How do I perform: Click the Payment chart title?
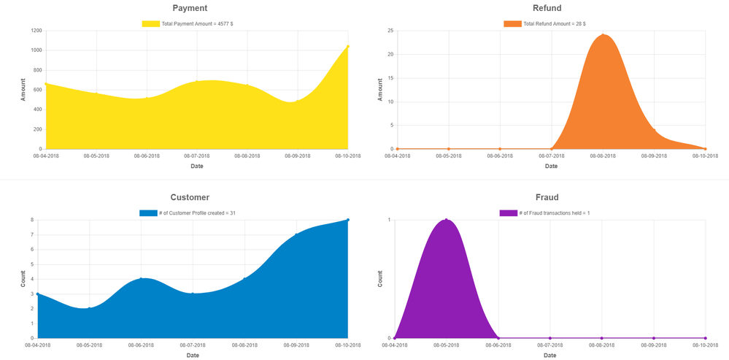[x=190, y=8]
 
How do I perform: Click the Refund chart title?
[x=547, y=8]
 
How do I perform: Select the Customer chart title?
[x=190, y=197]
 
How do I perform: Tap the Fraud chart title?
[x=547, y=197]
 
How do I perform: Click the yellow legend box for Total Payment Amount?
[x=150, y=24]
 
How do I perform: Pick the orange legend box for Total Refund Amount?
[x=512, y=24]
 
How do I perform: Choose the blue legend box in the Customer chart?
[x=148, y=213]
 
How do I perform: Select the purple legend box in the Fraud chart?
[x=508, y=213]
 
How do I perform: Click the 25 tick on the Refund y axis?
[x=390, y=31]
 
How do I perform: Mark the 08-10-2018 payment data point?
[x=348, y=47]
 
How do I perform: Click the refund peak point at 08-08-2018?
[x=603, y=34]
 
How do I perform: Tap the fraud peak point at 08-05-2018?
[x=446, y=220]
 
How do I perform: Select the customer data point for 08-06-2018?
[x=141, y=279]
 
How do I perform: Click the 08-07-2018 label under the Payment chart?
[x=197, y=156]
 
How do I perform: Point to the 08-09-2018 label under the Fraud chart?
[x=653, y=345]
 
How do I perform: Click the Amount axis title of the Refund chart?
[x=380, y=89]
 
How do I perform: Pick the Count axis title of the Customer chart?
[x=23, y=278]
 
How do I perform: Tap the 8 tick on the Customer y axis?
[x=32, y=220]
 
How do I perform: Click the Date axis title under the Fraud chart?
[x=550, y=355]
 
